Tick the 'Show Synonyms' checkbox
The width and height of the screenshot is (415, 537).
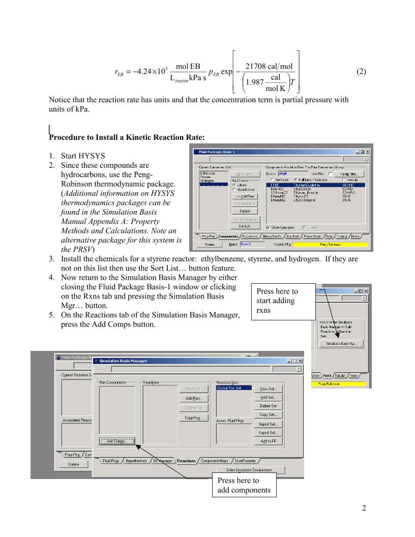pos(268,227)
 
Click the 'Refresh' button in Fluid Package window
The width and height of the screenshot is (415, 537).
pos(244,211)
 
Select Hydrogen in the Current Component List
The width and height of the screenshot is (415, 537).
pos(206,181)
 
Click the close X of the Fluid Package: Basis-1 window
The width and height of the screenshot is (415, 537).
pos(367,152)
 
